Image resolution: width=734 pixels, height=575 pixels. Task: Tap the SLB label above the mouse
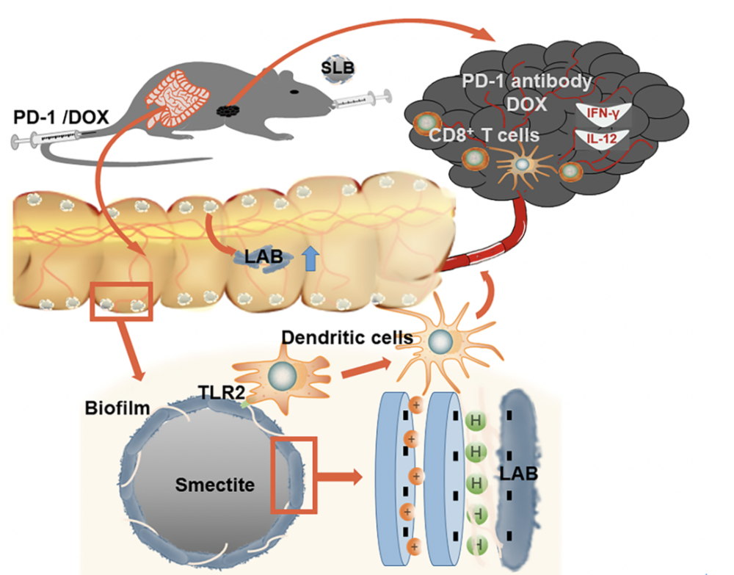point(338,68)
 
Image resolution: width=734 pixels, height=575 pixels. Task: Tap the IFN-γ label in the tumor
point(603,112)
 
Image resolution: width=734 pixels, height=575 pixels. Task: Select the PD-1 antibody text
point(527,80)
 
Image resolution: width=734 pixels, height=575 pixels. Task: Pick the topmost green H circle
point(475,421)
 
